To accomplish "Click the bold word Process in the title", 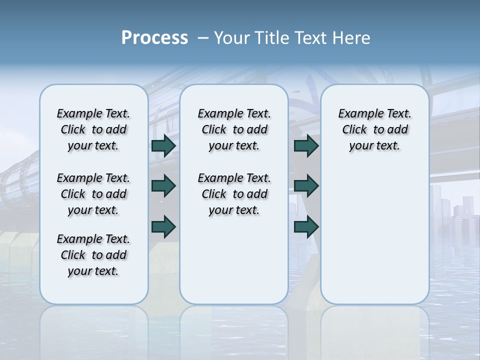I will click(x=154, y=38).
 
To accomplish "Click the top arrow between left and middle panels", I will click(x=163, y=145).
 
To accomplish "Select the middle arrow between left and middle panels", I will click(x=163, y=186).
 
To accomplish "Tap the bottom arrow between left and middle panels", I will click(x=163, y=226).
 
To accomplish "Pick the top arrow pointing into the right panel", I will click(x=306, y=145).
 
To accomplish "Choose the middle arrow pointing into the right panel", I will click(x=306, y=186).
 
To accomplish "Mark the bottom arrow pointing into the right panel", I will click(x=306, y=226).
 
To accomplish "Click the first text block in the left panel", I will click(x=93, y=129).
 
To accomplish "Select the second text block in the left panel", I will click(x=93, y=194).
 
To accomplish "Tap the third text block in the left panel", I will click(x=93, y=255).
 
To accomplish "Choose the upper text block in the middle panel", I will click(x=234, y=129).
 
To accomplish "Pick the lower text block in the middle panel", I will click(x=234, y=194).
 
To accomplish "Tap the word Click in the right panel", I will click(x=354, y=130).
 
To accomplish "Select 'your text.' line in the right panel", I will click(x=374, y=146).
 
